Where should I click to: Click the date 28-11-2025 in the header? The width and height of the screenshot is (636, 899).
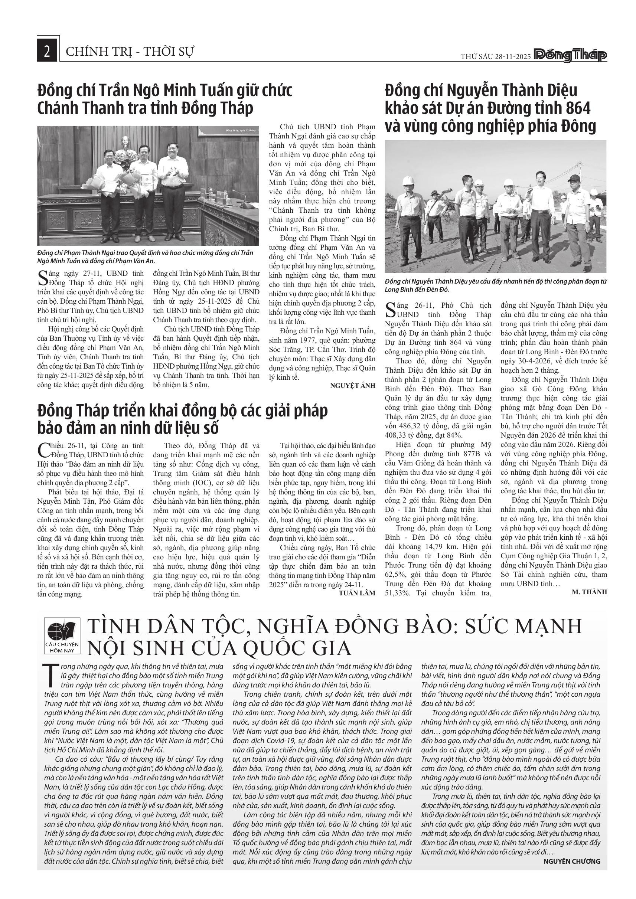click(x=513, y=56)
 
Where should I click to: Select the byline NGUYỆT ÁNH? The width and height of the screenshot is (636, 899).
click(x=352, y=386)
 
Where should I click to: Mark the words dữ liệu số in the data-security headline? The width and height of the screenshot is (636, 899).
click(x=176, y=428)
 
